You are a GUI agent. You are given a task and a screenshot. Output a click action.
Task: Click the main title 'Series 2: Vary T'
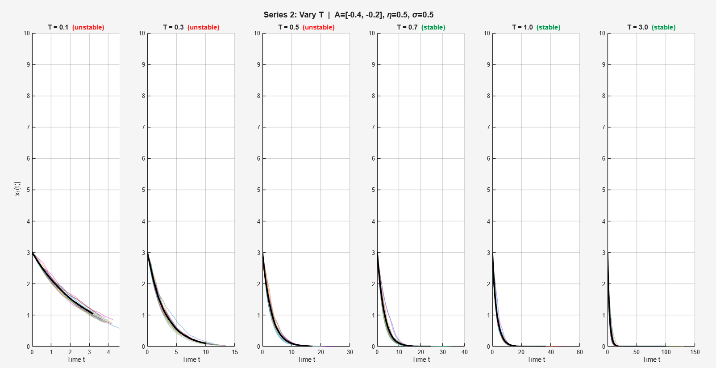tap(293, 15)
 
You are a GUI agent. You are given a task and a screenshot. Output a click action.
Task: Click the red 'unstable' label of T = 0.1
tap(88, 27)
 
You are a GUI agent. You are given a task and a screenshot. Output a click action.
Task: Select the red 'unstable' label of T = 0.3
tap(204, 27)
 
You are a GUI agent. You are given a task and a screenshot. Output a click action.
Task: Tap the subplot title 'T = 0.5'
tap(288, 27)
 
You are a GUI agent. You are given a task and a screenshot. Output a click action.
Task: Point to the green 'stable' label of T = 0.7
tap(433, 27)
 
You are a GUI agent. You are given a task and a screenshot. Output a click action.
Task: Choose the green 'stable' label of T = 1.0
tap(549, 27)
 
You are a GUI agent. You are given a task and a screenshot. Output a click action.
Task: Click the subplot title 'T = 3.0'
tap(637, 27)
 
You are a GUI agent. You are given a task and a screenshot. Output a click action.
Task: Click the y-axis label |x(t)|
tap(17, 190)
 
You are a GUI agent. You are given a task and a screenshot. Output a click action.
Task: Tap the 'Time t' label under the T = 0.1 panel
tap(76, 360)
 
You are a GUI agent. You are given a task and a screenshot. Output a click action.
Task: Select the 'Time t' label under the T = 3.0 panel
tap(651, 360)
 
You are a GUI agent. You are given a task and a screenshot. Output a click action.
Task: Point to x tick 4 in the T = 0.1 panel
tap(108, 352)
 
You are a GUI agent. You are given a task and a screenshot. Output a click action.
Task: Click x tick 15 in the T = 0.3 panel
tap(235, 352)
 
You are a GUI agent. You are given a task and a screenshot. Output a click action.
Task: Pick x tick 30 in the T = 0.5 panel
tap(350, 352)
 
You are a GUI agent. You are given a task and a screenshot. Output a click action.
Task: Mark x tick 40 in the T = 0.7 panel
tap(465, 352)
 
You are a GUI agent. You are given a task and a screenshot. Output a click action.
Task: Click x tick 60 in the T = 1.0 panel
tap(580, 352)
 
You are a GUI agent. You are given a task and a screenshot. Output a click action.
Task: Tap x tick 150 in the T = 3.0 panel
tap(695, 352)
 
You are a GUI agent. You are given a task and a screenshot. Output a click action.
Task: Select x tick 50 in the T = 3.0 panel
tap(637, 352)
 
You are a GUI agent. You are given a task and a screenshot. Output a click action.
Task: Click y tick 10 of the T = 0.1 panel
tap(27, 34)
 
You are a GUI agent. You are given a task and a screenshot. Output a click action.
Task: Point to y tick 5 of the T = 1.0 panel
tap(488, 190)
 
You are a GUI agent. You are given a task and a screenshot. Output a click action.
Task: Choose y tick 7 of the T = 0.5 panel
tap(258, 127)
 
